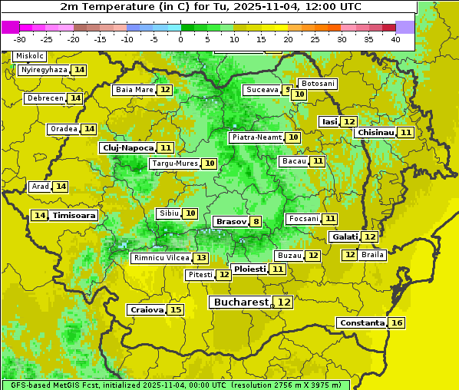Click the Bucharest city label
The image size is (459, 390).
tap(241, 302)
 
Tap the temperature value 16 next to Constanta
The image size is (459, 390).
tap(397, 323)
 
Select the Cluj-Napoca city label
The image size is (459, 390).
tap(127, 147)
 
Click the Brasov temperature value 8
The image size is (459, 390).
tap(255, 222)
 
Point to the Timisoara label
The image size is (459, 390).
tap(74, 216)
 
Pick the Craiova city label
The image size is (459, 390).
tap(146, 309)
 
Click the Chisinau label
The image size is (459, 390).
tap(375, 132)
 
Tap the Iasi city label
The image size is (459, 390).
tap(329, 121)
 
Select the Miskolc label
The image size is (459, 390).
tap(29, 56)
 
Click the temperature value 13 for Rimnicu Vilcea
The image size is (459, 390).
tap(200, 258)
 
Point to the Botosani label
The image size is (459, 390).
tap(317, 83)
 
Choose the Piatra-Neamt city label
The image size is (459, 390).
tap(256, 137)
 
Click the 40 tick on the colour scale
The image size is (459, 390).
tap(395, 39)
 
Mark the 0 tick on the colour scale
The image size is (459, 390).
tap(180, 39)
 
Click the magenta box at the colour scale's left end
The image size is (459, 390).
tap(10, 26)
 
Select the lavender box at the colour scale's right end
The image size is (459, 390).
tap(405, 26)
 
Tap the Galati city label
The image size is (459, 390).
tap(344, 237)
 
